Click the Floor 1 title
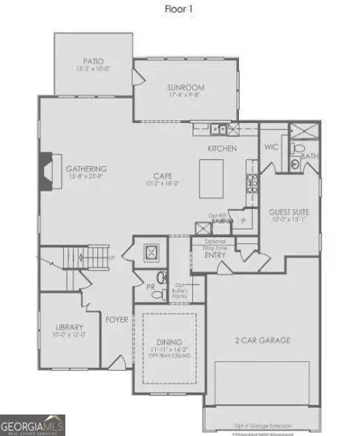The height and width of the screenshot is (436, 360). click(x=180, y=10)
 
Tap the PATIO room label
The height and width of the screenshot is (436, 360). click(x=93, y=62)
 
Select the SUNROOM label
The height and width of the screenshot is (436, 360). click(x=185, y=87)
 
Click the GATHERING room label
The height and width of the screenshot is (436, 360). click(x=86, y=169)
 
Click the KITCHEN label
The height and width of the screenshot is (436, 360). click(x=222, y=148)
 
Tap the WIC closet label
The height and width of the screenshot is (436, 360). click(x=271, y=148)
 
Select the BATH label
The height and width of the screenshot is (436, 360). click(x=310, y=156)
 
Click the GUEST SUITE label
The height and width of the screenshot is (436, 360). click(x=289, y=212)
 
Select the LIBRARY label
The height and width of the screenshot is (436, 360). click(x=68, y=326)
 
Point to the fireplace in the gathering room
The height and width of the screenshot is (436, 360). click(x=45, y=171)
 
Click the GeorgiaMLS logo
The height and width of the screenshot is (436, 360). click(x=33, y=425)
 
